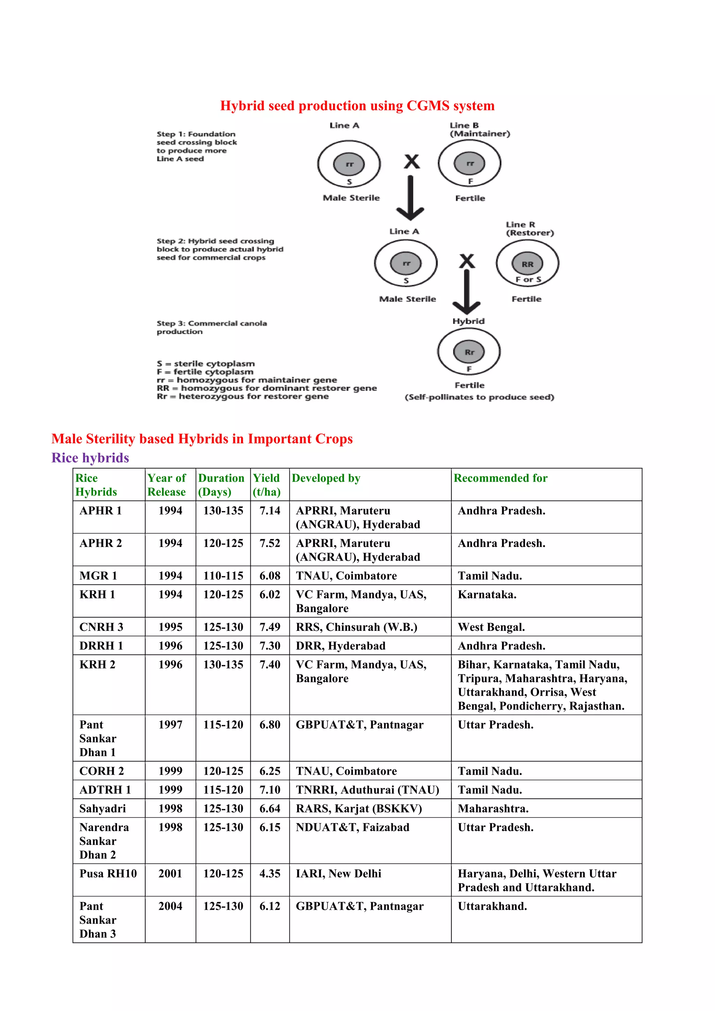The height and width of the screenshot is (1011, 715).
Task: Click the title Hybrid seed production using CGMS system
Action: [x=357, y=106]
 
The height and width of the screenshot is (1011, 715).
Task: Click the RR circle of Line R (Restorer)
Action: [x=527, y=264]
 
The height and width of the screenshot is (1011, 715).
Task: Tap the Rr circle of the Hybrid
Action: [x=469, y=352]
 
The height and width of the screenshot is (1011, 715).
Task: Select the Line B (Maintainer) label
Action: [x=479, y=130]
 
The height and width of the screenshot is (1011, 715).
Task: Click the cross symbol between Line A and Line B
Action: [x=412, y=162]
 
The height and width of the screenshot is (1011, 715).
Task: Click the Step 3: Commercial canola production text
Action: [x=211, y=327]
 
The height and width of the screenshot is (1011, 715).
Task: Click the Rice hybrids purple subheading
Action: [x=90, y=458]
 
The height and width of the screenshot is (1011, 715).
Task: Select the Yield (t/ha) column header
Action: [x=267, y=485]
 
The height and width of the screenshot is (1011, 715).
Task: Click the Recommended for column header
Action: [x=501, y=478]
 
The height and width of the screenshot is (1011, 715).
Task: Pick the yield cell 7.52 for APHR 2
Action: [x=270, y=543]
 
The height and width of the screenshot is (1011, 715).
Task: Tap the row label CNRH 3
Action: [x=101, y=627]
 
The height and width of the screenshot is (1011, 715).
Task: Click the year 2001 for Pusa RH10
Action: [x=170, y=873]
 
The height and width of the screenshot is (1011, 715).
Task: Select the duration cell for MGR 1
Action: [x=223, y=576]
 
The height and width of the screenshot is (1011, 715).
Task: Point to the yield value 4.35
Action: [x=270, y=873]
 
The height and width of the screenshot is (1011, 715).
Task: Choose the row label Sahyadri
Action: [x=103, y=809]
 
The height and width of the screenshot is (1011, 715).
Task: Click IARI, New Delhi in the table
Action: [x=338, y=873]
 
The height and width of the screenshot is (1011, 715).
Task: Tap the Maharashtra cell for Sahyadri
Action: [x=493, y=809]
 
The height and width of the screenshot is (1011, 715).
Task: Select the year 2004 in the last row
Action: [x=170, y=906]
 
